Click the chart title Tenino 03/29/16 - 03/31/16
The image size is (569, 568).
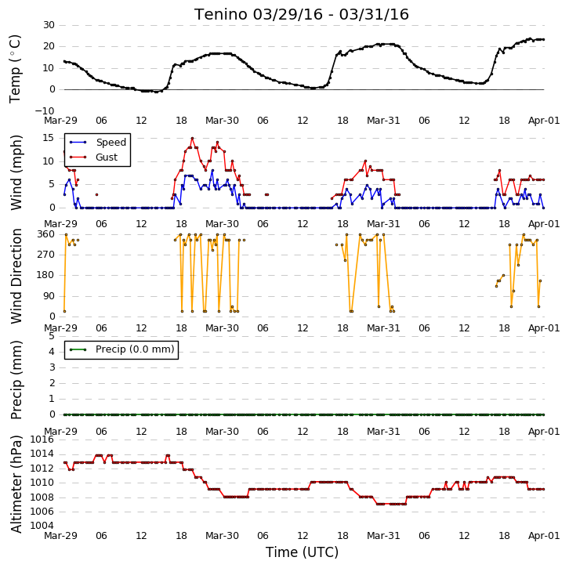(x=302, y=15)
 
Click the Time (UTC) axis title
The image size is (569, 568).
(x=302, y=552)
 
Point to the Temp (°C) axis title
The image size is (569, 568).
(x=15, y=69)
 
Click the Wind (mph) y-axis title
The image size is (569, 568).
(x=16, y=172)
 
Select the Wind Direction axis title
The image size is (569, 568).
(x=16, y=276)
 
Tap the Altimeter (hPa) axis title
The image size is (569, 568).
(x=16, y=484)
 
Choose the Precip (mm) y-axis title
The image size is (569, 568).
(x=16, y=380)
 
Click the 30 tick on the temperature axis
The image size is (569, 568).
(x=49, y=25)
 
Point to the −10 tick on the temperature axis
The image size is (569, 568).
(x=45, y=111)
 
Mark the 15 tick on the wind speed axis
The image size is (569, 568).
(x=49, y=138)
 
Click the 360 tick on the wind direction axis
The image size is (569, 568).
(x=46, y=234)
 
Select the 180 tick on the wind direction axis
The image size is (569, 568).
(x=46, y=275)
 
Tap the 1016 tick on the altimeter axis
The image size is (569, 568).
(x=42, y=440)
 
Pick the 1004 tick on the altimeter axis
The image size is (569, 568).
(x=42, y=526)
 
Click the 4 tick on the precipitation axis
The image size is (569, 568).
(x=52, y=352)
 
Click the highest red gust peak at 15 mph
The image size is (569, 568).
(x=192, y=138)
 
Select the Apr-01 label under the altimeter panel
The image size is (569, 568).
(x=544, y=536)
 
